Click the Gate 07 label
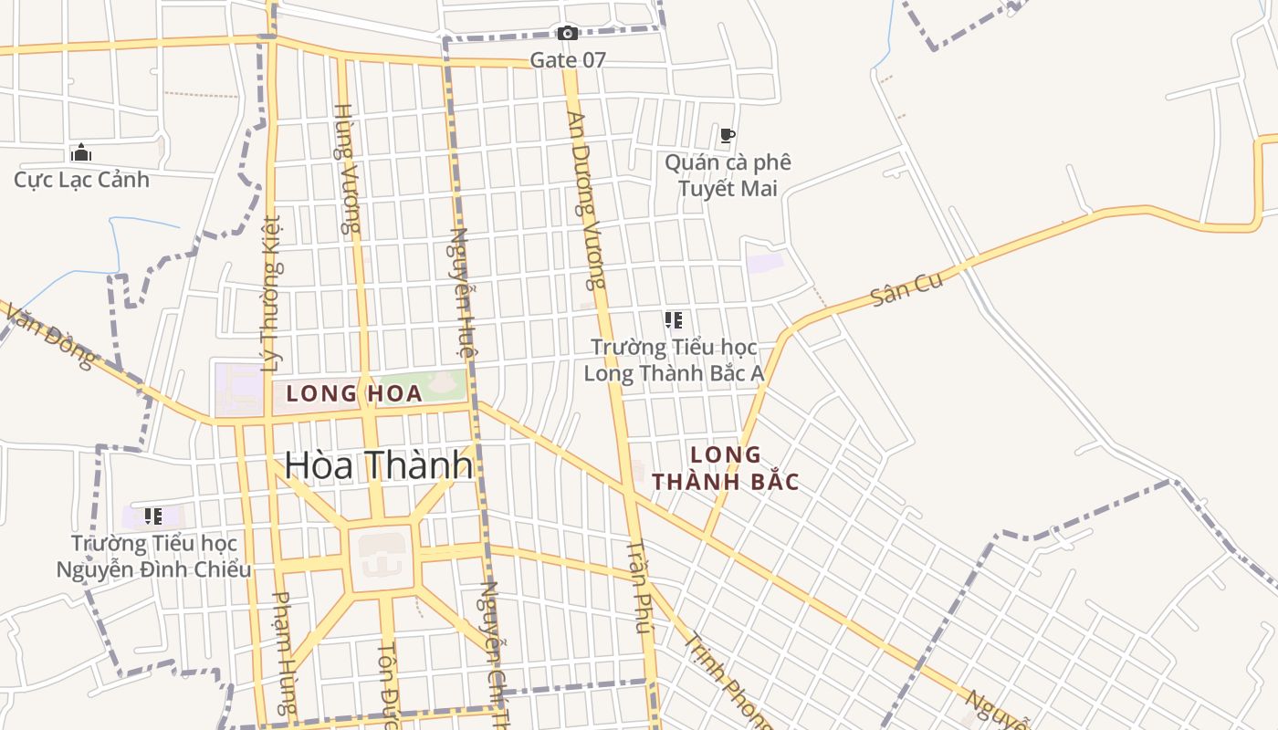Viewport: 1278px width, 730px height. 568,60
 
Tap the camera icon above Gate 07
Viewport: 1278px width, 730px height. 568,34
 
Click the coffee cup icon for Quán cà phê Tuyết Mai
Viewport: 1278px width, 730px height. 728,136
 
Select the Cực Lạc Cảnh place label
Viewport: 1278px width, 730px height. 81,179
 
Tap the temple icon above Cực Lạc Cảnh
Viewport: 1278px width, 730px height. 81,152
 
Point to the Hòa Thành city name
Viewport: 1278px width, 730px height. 379,465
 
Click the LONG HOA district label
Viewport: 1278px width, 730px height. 354,394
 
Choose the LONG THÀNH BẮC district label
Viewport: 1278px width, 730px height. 727,468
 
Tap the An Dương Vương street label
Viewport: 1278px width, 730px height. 587,200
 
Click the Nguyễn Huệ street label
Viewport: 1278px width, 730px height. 462,292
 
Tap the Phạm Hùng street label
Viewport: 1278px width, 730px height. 285,652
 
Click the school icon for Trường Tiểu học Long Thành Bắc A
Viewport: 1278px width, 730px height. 674,320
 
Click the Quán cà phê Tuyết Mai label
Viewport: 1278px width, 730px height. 728,175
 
